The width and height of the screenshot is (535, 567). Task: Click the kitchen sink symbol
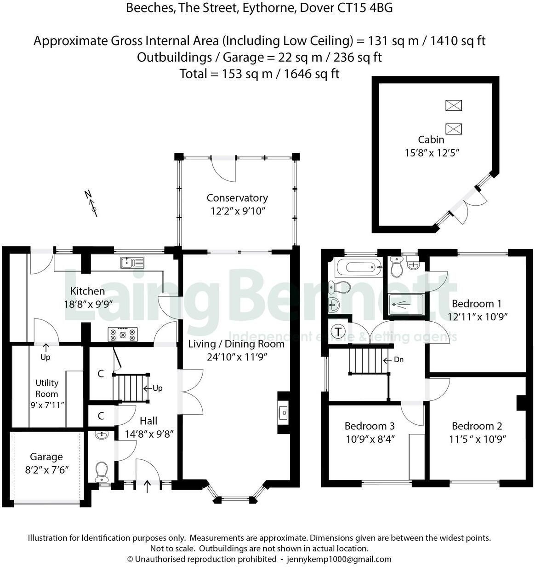click(132, 263)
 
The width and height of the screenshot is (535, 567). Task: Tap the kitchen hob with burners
click(123, 334)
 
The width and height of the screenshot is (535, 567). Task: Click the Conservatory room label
click(237, 198)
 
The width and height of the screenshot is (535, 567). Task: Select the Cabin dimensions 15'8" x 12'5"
click(432, 153)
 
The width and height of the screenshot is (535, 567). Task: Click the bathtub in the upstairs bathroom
click(359, 267)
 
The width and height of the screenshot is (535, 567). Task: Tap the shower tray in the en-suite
click(406, 304)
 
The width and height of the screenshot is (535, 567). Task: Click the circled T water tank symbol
click(338, 332)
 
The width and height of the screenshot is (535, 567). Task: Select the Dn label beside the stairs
click(398, 359)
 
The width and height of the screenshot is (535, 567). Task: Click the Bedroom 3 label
click(370, 426)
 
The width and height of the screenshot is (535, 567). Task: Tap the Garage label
click(46, 457)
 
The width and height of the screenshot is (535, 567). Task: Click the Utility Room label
click(47, 388)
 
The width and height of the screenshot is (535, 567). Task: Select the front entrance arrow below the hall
click(147, 486)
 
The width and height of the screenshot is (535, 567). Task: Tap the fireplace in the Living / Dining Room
click(284, 413)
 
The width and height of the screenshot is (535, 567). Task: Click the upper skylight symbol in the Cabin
click(454, 105)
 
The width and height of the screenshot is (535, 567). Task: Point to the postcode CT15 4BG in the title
click(365, 8)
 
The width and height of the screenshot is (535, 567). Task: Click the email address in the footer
click(339, 559)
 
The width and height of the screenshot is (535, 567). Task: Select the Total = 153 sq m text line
click(260, 74)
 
